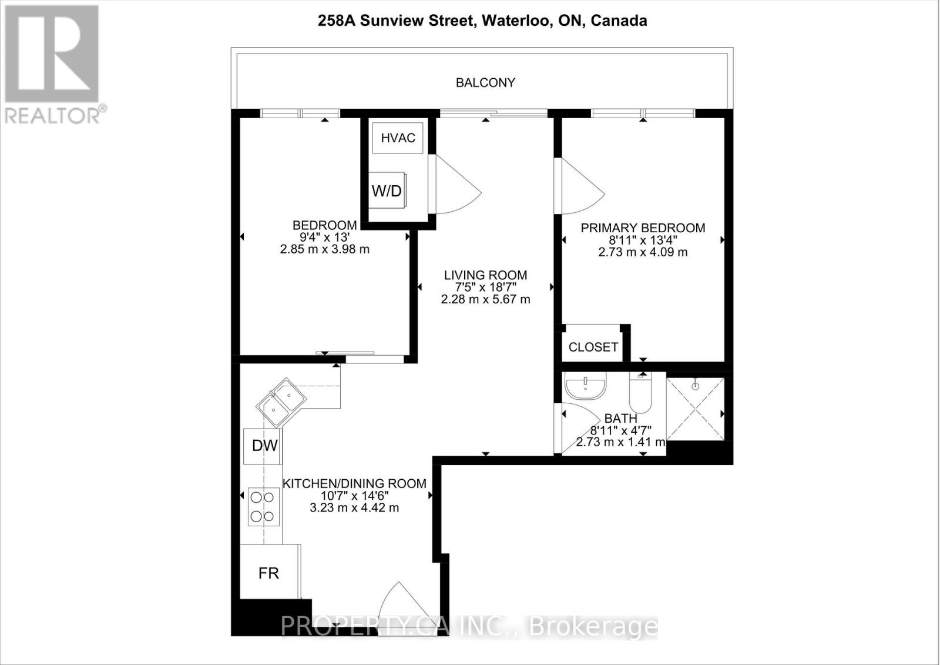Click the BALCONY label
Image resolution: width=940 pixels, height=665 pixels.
coord(485,82)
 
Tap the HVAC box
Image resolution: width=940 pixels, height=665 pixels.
coord(398,138)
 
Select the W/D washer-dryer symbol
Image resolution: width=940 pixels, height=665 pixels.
coord(387,190)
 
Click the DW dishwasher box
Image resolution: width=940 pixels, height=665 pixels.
coord(264,446)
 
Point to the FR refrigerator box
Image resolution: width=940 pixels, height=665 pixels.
coord(269,573)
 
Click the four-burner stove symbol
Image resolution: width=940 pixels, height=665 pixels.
coord(262,507)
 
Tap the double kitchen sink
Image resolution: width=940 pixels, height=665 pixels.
coord(281,402)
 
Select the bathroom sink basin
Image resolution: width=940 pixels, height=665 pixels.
coord(585,387)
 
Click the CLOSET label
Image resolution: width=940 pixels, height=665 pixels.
coord(593,347)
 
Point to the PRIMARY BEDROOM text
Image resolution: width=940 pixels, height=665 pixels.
coord(643,228)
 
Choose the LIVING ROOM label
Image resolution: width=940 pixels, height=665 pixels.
coord(485,275)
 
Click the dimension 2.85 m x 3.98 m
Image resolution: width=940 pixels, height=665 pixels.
coord(324,249)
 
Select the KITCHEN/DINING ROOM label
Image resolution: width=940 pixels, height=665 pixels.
coord(354,483)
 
